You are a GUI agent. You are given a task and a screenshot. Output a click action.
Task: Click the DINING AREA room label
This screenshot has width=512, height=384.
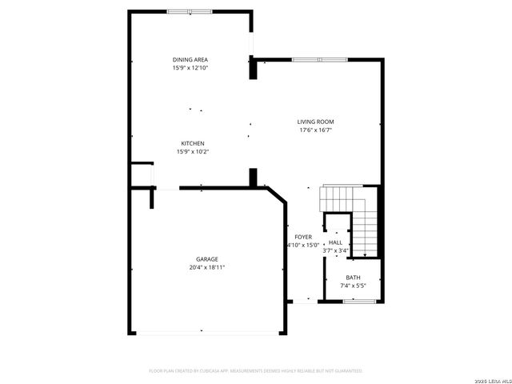[x=190, y=60]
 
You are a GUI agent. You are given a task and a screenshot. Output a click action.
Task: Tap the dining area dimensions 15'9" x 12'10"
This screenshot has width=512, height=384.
[x=190, y=68]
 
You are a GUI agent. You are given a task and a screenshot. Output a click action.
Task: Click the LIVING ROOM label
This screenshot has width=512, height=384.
[x=315, y=122]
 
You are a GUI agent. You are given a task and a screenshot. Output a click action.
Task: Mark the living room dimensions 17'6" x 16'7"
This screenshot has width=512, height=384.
[x=315, y=130]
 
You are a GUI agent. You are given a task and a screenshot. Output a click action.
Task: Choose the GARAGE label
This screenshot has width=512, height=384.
[x=207, y=259]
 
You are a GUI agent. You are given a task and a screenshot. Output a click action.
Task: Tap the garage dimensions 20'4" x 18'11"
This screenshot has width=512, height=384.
[x=207, y=267]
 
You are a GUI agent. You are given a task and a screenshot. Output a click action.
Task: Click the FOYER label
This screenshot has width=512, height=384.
[x=303, y=237]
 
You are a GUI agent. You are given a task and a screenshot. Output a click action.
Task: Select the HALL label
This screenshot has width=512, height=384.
[x=335, y=242]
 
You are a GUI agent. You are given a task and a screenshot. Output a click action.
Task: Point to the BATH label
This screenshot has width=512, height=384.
[x=353, y=277]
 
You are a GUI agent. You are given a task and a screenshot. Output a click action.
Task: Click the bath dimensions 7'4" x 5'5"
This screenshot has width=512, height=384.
[x=353, y=285]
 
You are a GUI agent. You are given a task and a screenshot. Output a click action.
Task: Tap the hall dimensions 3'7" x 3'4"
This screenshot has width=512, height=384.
[x=335, y=250]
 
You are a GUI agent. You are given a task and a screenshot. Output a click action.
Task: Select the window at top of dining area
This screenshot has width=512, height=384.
[x=190, y=11]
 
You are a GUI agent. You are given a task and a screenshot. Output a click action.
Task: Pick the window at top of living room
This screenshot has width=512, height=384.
[x=318, y=59]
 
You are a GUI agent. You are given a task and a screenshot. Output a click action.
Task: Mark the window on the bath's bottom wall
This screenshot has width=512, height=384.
[x=354, y=302]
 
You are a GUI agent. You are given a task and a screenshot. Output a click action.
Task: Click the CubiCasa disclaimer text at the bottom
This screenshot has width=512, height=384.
[x=256, y=370]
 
